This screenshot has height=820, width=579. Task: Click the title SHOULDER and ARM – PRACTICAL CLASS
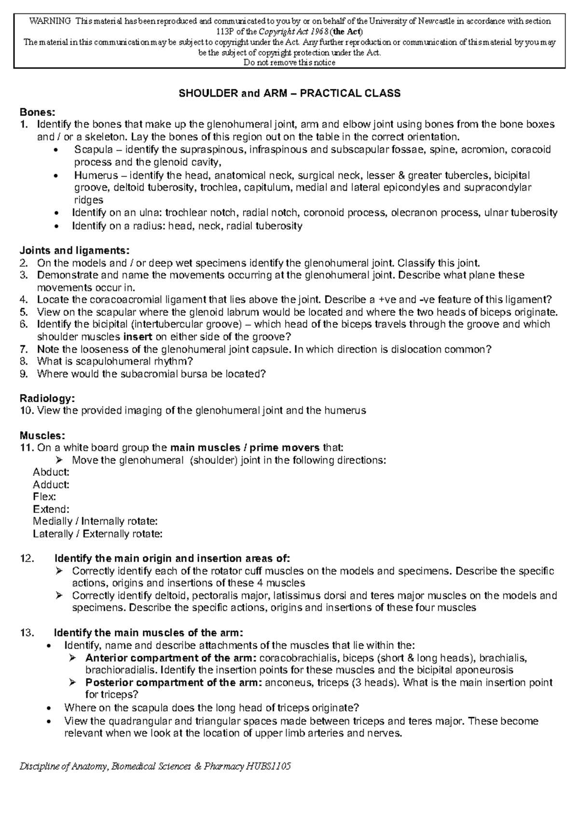(289, 94)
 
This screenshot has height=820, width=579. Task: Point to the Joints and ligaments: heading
(74, 251)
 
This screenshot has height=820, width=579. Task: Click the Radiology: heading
(47, 398)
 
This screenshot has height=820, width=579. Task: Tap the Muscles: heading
(42, 435)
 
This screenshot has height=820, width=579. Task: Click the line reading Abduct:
(51, 472)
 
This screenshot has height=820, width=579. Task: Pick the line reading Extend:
(51, 509)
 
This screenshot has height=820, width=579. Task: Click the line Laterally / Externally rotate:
(97, 534)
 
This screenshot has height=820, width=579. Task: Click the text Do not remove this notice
(289, 63)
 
